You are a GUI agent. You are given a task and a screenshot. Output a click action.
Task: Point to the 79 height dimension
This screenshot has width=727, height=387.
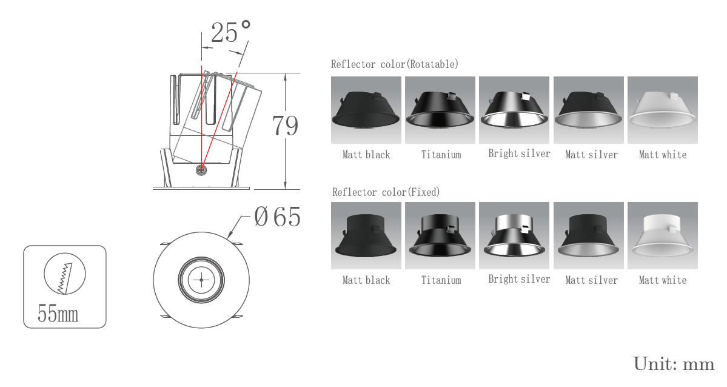click(x=285, y=126)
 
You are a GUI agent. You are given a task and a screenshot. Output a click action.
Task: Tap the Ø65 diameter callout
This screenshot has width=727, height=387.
click(x=277, y=217)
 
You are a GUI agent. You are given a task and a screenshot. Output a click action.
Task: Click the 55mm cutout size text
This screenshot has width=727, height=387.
click(x=58, y=314)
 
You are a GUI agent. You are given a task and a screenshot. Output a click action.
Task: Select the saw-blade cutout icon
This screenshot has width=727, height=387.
click(x=65, y=274)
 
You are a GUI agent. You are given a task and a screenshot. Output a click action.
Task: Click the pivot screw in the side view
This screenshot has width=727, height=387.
click(x=201, y=170)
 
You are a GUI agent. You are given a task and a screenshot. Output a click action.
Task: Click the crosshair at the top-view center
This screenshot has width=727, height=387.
click(x=201, y=280)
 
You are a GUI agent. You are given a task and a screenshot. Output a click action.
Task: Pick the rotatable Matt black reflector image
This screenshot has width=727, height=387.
click(x=366, y=110)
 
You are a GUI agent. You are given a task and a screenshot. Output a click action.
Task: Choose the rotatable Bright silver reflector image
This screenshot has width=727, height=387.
click(x=514, y=110)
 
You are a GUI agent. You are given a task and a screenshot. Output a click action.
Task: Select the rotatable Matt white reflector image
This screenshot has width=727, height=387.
click(x=663, y=110)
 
